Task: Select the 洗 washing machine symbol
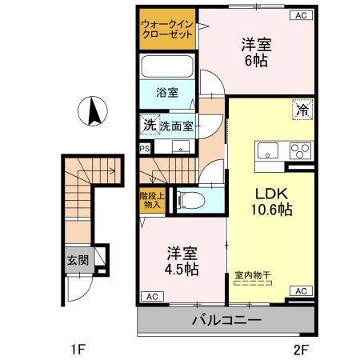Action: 148,125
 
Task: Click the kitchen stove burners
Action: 300,151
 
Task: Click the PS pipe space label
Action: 145,148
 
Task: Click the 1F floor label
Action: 77,349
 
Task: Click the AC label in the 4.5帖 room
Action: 150,296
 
